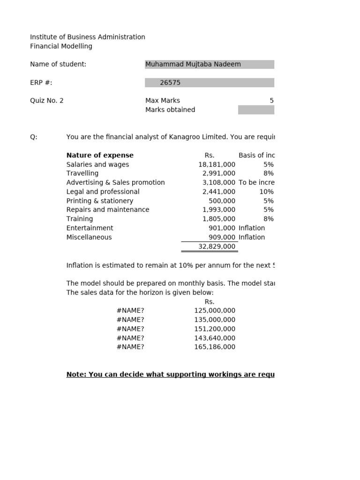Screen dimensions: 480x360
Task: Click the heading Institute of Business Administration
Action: (87, 37)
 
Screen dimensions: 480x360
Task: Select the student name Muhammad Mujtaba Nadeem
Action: (193, 64)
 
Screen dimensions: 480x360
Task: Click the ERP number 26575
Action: (170, 82)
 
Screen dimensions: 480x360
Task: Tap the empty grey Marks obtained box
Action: (256, 110)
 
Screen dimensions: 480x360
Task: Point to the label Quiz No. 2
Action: (46, 100)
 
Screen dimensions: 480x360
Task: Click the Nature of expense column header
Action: (100, 155)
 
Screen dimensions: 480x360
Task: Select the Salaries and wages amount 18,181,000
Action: (217, 165)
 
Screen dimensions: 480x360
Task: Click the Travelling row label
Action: (82, 173)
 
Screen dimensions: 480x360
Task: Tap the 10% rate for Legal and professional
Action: (266, 192)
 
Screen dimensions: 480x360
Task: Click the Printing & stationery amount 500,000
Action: (222, 201)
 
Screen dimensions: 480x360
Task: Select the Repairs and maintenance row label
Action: (108, 210)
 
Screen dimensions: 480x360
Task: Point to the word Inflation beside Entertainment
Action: (252, 228)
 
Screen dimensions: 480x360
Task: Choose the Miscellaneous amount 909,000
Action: (222, 237)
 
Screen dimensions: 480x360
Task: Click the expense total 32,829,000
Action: (217, 247)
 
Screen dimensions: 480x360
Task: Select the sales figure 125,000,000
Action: (215, 310)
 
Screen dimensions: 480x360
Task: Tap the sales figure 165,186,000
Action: (215, 347)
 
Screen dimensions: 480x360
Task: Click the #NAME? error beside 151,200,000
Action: (130, 329)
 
